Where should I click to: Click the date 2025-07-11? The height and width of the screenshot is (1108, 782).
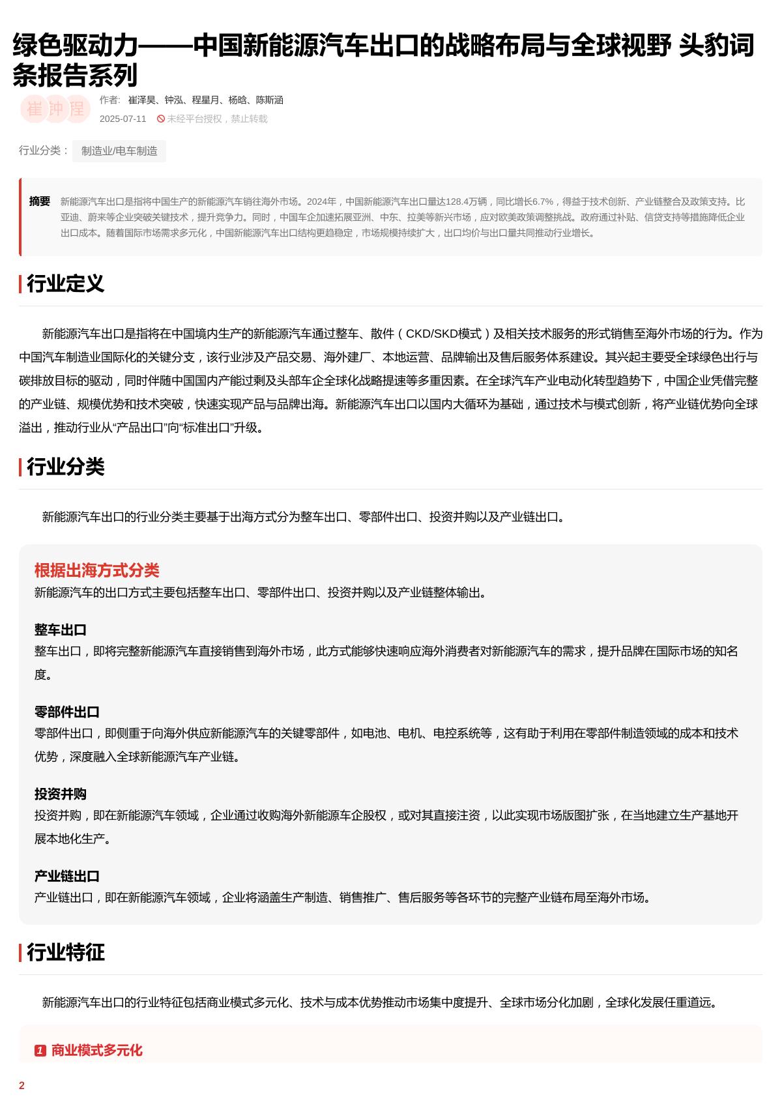tap(123, 119)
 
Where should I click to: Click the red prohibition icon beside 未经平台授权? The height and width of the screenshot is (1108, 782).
tap(161, 119)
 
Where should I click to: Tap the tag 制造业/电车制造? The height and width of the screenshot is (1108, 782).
tap(119, 151)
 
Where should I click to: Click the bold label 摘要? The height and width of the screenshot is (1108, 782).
tap(40, 201)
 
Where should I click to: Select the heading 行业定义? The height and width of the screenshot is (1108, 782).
tap(65, 284)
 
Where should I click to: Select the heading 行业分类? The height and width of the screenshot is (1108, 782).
tap(65, 467)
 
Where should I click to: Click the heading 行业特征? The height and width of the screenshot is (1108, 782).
tap(65, 952)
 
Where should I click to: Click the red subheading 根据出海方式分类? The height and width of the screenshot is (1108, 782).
tap(96, 570)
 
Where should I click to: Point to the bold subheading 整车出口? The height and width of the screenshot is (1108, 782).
tap(60, 630)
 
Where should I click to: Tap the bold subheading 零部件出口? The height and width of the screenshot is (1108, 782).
tap(66, 712)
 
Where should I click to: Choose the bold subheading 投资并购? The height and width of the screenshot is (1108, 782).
tap(60, 794)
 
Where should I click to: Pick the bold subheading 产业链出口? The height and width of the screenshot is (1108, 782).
tap(66, 876)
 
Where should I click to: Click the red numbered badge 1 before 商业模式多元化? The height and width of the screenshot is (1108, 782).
tap(40, 1051)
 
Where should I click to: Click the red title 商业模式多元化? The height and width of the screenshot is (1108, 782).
tap(96, 1051)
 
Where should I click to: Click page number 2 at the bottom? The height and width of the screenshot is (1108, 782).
tap(22, 1086)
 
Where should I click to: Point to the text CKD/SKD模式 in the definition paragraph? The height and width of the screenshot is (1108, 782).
tap(443, 334)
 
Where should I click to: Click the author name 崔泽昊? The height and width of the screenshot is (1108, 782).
tap(142, 100)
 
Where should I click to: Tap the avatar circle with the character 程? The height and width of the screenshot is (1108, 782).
tap(77, 109)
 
